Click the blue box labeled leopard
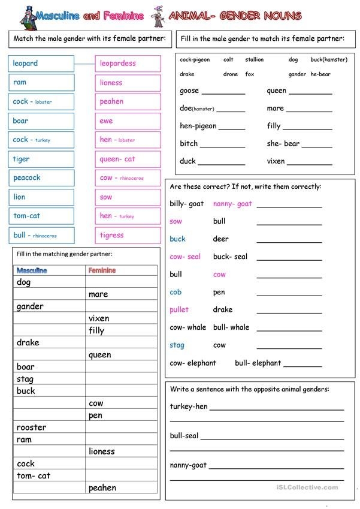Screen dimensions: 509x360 [41, 64]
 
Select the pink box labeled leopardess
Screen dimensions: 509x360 [128, 64]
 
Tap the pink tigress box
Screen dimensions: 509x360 [128, 235]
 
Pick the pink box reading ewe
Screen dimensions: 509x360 [128, 121]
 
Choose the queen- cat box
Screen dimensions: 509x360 [128, 159]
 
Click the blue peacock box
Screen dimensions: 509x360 [41, 178]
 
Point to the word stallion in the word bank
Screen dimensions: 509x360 [254, 60]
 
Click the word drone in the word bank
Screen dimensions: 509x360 [231, 74]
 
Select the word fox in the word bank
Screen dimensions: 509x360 [250, 74]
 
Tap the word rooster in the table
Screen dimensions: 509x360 [32, 427]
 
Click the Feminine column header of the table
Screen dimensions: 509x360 [102, 270]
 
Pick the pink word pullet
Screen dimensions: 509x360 [179, 310]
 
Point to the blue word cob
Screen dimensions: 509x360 [176, 292]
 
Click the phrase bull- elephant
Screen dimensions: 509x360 [258, 363]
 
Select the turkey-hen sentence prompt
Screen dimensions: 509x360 [189, 406]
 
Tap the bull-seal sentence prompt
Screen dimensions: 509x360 [184, 436]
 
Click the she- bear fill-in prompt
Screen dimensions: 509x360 [283, 144]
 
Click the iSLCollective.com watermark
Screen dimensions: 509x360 [307, 488]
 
